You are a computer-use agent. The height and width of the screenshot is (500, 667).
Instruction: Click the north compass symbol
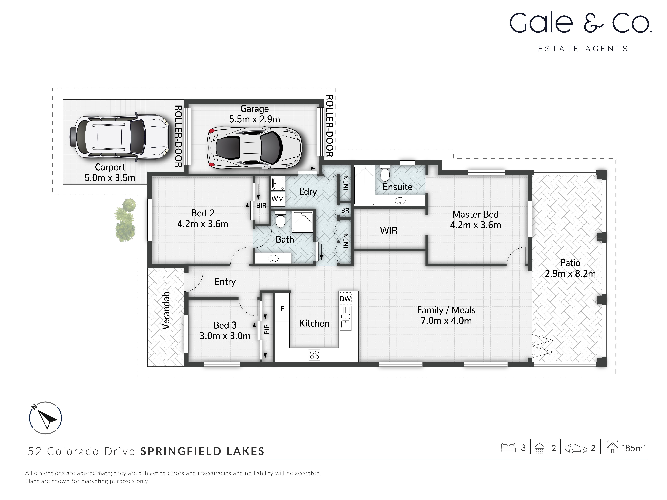pyautogui.click(x=45, y=418)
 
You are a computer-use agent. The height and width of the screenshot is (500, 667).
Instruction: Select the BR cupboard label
pyautogui.click(x=345, y=210)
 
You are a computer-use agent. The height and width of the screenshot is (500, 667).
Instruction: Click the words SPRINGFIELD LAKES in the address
pyautogui.click(x=202, y=451)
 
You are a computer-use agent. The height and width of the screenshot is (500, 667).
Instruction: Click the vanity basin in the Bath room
pyautogui.click(x=273, y=258)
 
